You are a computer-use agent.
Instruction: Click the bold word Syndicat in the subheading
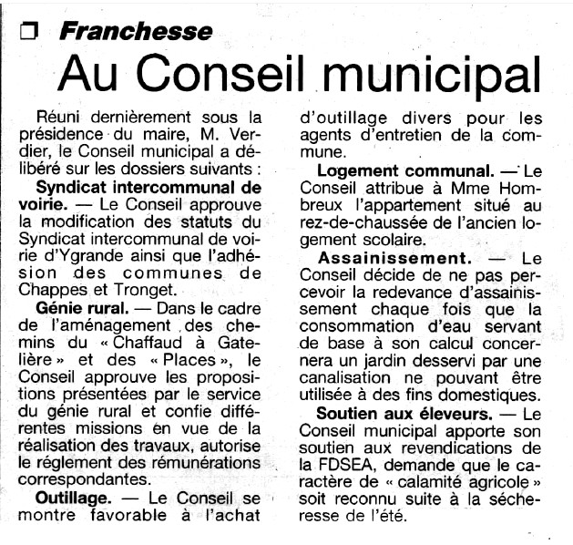click(x=85, y=187)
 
